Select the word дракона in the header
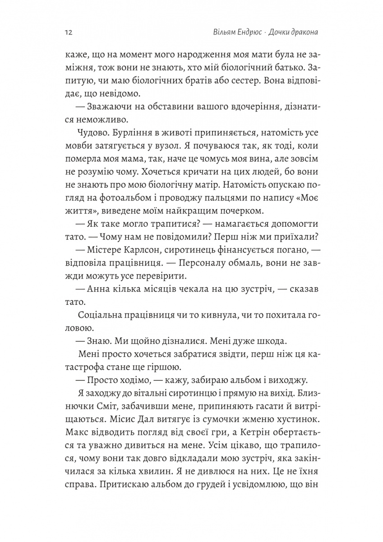pyautogui.click(x=301, y=33)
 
